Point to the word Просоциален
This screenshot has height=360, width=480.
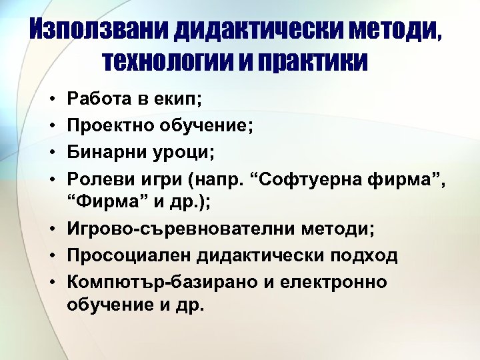(x=123, y=256)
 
